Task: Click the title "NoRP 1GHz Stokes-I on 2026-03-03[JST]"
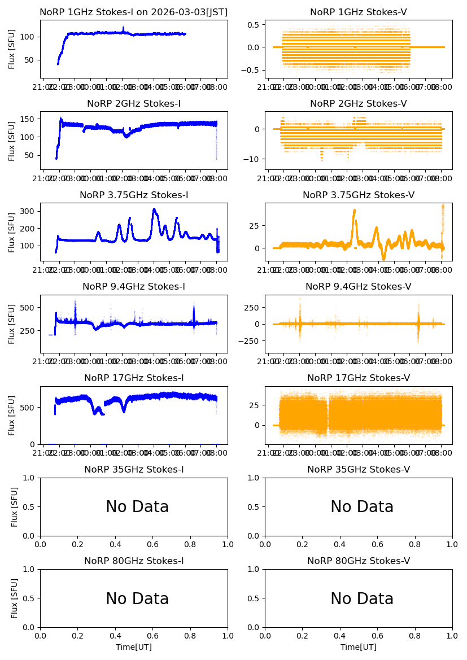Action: pos(133,12)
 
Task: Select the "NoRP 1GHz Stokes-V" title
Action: pos(359,12)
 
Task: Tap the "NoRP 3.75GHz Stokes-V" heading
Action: pos(359,195)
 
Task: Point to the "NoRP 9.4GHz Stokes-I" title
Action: pos(134,287)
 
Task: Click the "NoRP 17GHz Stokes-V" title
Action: pos(359,378)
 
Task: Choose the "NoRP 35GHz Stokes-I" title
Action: pos(134,470)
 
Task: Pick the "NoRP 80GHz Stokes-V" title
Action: pos(359,561)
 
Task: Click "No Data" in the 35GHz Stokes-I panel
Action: pos(137,507)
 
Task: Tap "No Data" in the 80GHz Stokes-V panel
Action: pos(362,598)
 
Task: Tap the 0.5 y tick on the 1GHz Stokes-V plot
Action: pos(254,25)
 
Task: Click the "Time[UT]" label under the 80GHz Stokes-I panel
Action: pos(134,647)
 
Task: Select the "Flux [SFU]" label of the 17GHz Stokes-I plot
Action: pos(12,415)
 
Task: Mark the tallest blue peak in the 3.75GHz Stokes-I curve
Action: pos(154,209)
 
